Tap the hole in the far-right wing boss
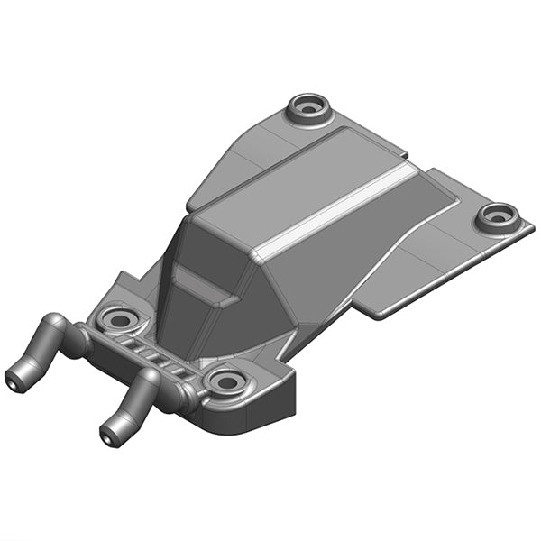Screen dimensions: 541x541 (497, 216)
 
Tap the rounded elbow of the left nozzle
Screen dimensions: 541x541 (55, 326)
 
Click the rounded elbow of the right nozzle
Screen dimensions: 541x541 (150, 379)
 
